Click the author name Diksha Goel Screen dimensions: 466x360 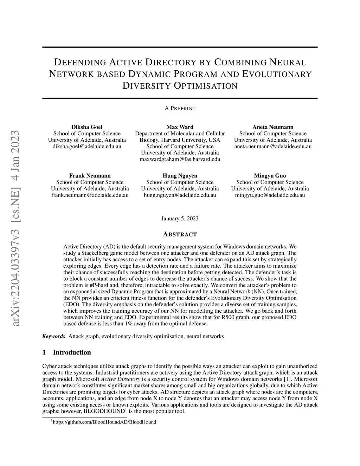coord(87,127)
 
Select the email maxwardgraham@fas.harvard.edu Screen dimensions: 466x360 coord(180,159)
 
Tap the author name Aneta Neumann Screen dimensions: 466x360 coord(273,127)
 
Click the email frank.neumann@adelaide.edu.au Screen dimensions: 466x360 coord(90,195)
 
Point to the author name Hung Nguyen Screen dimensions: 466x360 coord(180,175)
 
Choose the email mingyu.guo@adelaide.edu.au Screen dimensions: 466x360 coord(270,195)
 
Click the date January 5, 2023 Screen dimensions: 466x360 coord(180,218)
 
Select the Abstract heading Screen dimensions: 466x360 coord(180,235)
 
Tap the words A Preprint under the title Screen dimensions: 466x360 coord(180,108)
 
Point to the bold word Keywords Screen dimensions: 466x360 coord(53,336)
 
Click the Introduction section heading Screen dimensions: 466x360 coord(72,352)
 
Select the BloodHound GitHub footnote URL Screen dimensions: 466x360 coord(104,422)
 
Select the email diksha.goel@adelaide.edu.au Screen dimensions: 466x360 coord(87,146)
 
